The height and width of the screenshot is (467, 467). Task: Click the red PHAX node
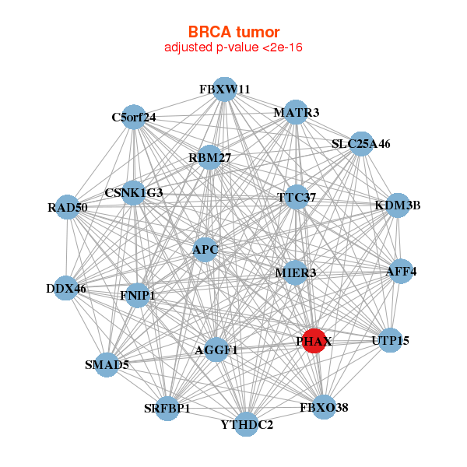pos(313,341)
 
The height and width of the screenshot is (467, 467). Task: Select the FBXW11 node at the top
pos(224,89)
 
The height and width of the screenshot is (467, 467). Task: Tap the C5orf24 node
pos(134,117)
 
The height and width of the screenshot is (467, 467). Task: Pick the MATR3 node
pos(295,112)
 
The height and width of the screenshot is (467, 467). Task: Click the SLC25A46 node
pos(360,143)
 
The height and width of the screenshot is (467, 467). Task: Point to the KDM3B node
pos(398,205)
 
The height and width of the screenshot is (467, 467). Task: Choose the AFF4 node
pos(401,271)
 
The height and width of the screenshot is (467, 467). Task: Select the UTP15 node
pos(390,340)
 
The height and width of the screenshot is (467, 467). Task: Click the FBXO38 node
pos(324,406)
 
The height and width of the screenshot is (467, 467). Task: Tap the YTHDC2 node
pos(247,424)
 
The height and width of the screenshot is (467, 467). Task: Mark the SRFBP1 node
pos(167,408)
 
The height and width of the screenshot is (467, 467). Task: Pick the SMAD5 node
pos(107,364)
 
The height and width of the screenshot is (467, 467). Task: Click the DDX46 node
pos(66,288)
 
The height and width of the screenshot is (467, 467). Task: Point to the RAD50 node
pos(67,207)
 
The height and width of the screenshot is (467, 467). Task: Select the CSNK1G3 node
pos(134,192)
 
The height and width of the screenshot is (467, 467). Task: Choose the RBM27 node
pos(209,157)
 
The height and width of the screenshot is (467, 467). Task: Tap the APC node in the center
pos(205,250)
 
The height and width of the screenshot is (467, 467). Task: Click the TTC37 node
pos(297,197)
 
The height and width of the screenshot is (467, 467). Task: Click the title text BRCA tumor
pos(233,32)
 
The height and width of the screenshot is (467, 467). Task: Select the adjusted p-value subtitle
pos(233,47)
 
